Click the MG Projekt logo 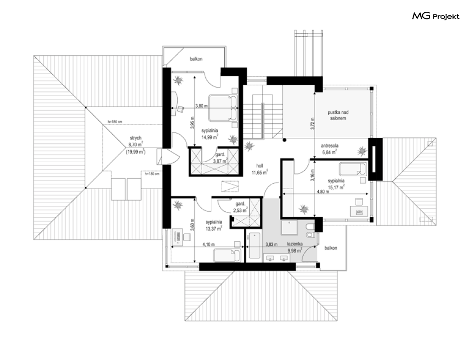436,16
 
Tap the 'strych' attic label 136,138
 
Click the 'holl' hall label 260,166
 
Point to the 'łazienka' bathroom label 295,243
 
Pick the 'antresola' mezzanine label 330,145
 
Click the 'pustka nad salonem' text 338,115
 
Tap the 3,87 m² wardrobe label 220,161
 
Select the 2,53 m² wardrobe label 240,210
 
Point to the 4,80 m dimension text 323,192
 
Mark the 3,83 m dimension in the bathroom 271,244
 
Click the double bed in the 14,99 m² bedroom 223,108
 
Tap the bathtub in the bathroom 255,245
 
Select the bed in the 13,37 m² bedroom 227,256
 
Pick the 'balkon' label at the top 196,59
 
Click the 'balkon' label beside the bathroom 331,248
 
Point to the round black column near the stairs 284,140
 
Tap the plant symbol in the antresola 362,150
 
